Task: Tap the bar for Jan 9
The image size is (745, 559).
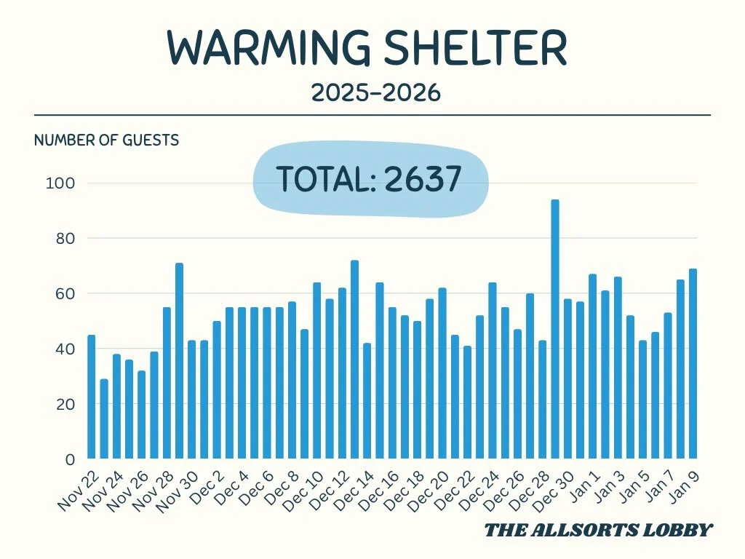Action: (x=693, y=364)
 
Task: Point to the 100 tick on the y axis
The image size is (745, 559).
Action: (x=60, y=183)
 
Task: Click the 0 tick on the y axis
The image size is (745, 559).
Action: (x=70, y=460)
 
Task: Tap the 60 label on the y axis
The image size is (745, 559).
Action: (x=62, y=294)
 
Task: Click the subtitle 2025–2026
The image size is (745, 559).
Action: (x=375, y=93)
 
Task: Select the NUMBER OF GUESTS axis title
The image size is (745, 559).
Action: (x=106, y=140)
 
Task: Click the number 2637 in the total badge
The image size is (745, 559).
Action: (x=423, y=179)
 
